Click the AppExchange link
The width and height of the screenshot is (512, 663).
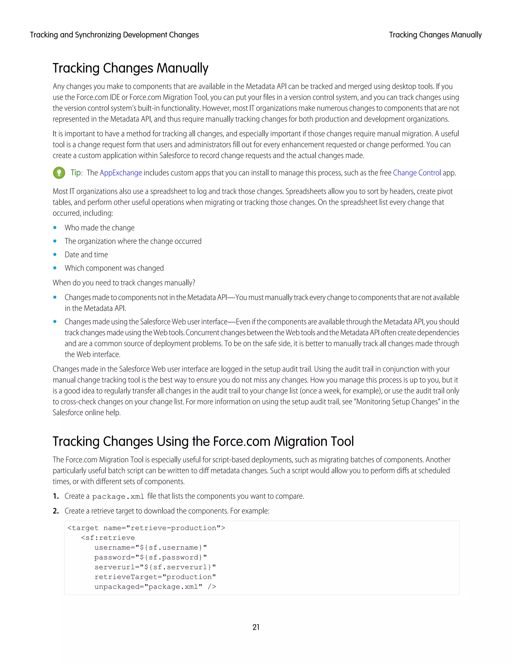point(121,173)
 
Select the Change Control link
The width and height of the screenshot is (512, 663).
point(417,173)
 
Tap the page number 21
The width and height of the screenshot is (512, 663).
point(256,627)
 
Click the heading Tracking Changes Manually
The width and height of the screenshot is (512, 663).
point(130,68)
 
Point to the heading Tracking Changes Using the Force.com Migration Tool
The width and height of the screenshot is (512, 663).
point(203,441)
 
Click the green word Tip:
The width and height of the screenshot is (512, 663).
point(76,173)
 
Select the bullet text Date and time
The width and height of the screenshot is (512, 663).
point(86,254)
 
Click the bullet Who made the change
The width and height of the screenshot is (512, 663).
point(99,228)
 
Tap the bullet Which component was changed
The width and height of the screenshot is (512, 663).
point(114,268)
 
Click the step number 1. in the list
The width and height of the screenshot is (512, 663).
point(55,496)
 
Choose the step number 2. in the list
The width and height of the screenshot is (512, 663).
point(55,511)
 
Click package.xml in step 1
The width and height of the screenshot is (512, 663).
point(118,497)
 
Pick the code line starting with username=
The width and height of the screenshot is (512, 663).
point(150,547)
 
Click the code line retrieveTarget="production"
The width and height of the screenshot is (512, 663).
point(155,577)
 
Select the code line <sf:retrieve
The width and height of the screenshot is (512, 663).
point(108,538)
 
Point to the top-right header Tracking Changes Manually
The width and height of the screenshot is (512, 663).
point(435,35)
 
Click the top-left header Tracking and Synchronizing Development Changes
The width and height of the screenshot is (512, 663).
point(114,35)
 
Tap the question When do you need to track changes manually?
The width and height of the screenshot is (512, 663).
point(124,283)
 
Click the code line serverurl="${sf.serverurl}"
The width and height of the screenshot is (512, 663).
point(155,567)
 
